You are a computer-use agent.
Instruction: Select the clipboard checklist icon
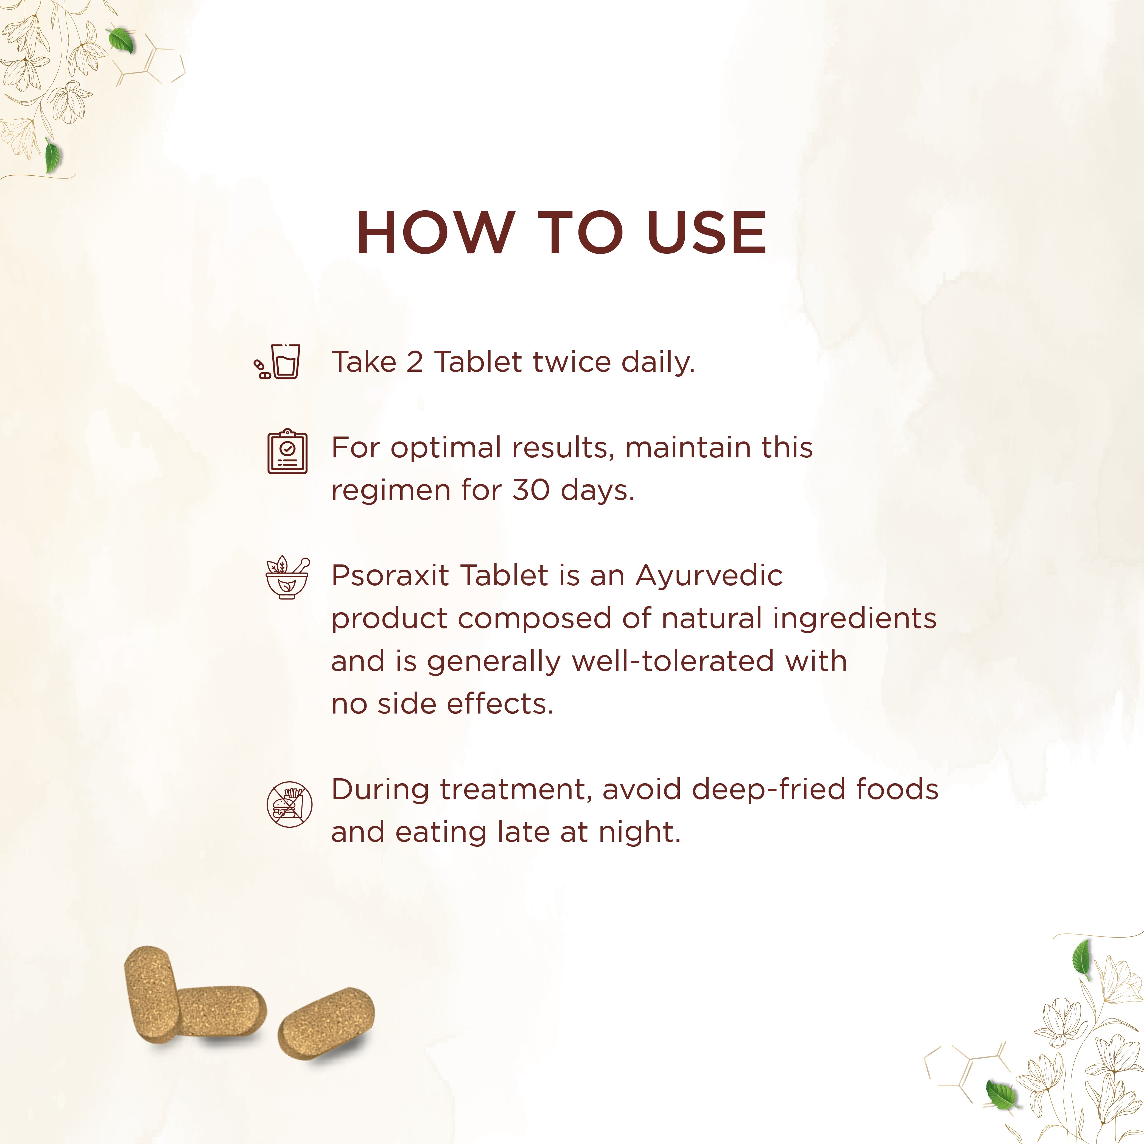[x=288, y=451]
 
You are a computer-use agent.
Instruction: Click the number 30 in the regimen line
[x=531, y=490]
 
